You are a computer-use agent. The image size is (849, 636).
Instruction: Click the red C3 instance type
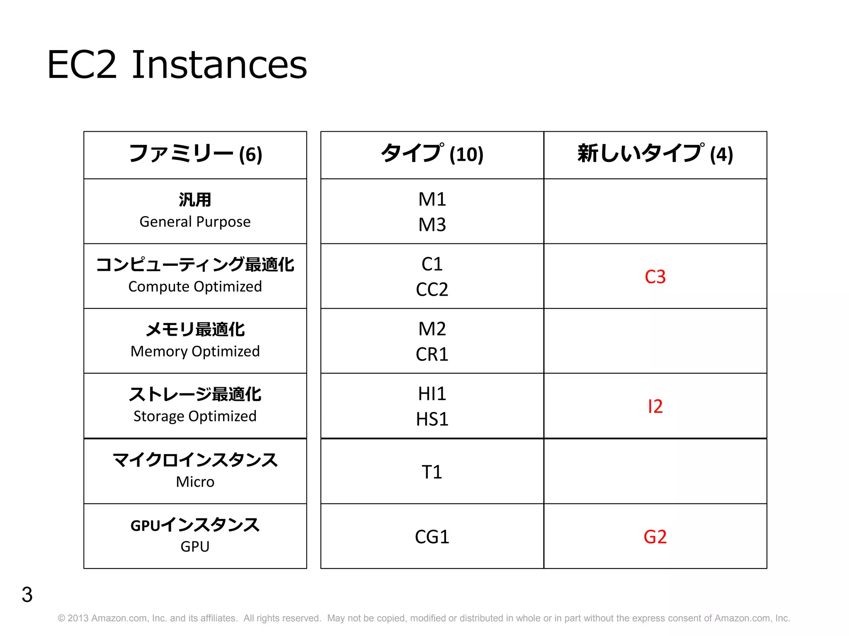tap(655, 277)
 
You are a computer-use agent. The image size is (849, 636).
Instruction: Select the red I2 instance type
tap(655, 407)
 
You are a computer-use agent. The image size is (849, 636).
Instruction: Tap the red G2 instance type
tap(655, 537)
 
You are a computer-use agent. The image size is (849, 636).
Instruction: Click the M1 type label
tap(432, 200)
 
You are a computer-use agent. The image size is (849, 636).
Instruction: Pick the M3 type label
tap(432, 225)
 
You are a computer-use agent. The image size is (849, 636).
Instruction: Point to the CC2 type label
tap(432, 289)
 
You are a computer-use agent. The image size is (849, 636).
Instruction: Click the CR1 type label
tap(432, 354)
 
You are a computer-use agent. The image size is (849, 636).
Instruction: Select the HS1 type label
tap(432, 419)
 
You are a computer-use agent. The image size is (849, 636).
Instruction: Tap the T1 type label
tap(432, 472)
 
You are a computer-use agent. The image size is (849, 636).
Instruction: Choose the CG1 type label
tap(432, 537)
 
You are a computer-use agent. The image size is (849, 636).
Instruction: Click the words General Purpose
tap(195, 222)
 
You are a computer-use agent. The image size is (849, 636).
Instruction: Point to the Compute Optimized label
tap(195, 287)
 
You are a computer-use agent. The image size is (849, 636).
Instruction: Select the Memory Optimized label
tap(195, 352)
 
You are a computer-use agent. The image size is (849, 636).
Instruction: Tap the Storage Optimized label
tap(195, 416)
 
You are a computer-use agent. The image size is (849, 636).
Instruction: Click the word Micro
tap(195, 482)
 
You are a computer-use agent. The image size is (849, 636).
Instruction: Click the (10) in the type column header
tap(467, 154)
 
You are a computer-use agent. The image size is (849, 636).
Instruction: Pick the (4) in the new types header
tap(721, 154)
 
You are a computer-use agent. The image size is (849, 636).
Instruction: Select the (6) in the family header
tap(251, 154)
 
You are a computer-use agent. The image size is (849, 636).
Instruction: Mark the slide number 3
tap(27, 595)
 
